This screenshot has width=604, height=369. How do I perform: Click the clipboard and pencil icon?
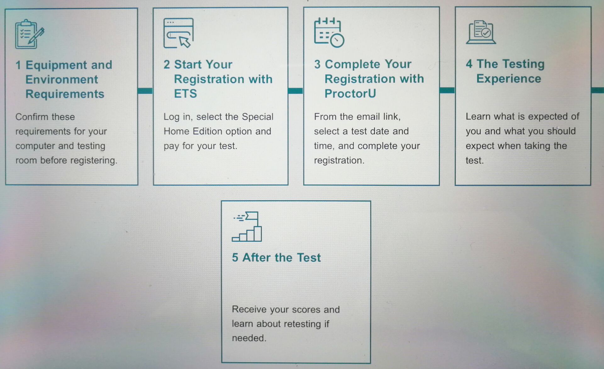(x=30, y=34)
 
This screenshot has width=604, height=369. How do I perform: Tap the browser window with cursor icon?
(x=178, y=33)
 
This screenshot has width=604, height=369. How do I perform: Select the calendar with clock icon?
(x=329, y=32)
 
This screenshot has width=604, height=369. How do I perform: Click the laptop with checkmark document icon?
(x=481, y=32)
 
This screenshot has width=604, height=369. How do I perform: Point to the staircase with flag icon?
(x=247, y=226)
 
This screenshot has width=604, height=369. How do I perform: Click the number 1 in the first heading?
(x=18, y=65)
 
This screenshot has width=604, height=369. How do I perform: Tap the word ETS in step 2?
(x=185, y=94)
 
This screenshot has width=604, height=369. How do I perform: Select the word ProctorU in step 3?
(x=350, y=93)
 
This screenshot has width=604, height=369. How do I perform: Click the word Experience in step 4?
(x=509, y=79)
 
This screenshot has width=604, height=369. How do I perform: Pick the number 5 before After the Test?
(x=235, y=258)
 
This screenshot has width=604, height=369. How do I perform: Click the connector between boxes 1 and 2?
(x=145, y=91)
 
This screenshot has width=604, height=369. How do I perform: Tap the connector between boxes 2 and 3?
(x=296, y=91)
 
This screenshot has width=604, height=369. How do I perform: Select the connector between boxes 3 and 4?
(x=447, y=90)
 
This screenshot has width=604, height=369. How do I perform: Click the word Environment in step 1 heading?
(x=62, y=80)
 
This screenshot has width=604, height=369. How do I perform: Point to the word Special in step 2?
(x=258, y=117)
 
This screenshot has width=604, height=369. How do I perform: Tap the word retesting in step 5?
(x=302, y=324)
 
